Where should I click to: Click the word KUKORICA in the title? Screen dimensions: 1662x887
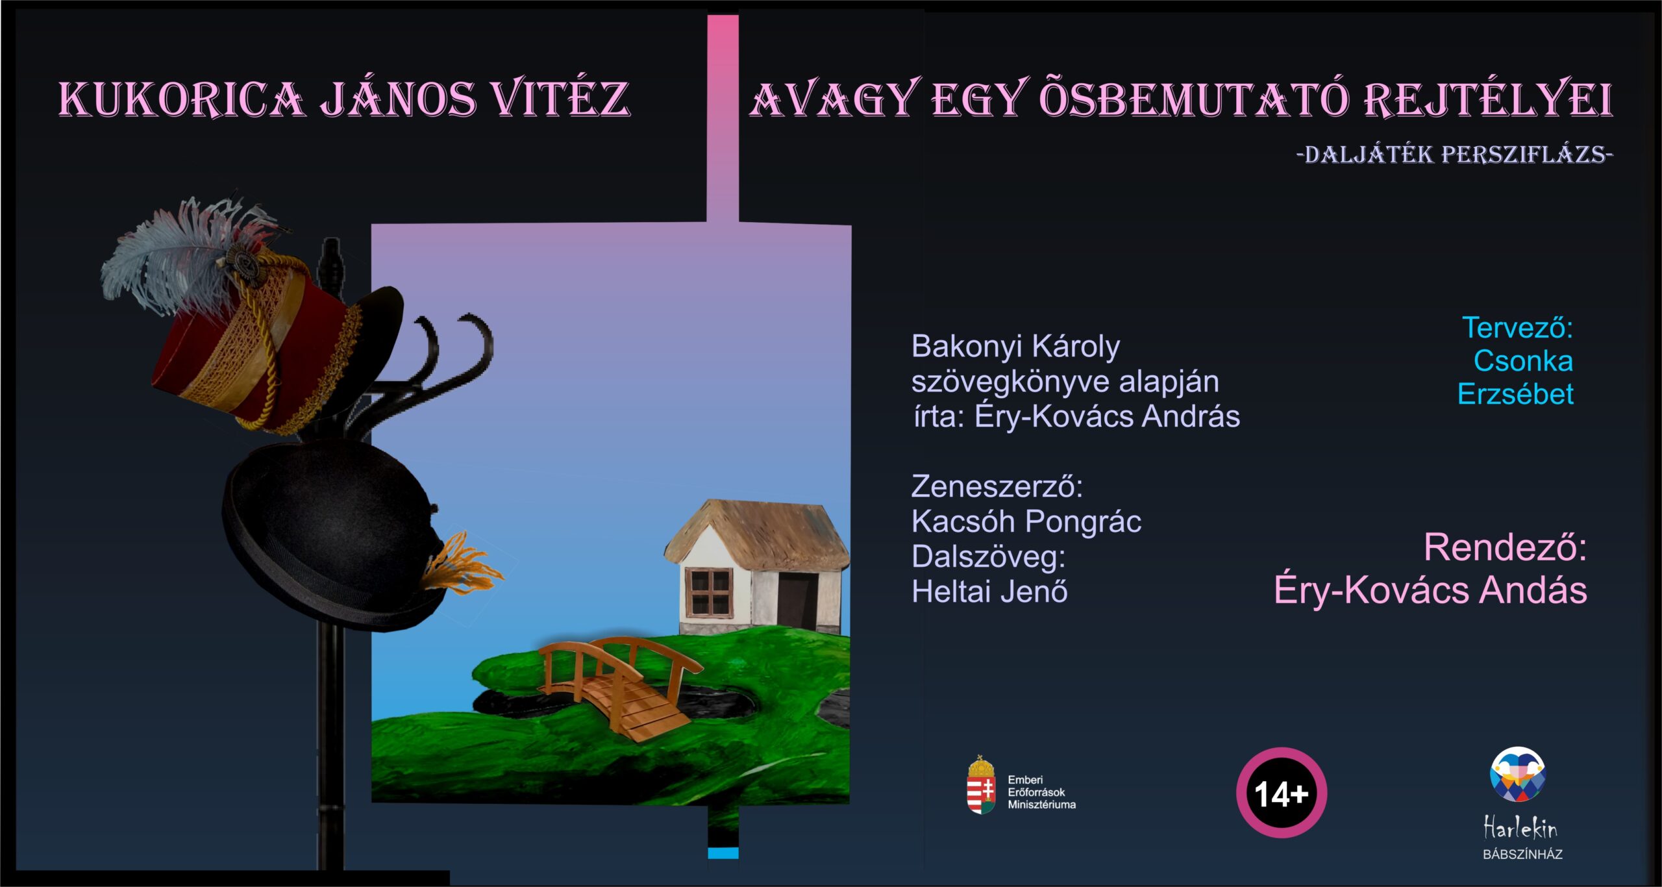(181, 99)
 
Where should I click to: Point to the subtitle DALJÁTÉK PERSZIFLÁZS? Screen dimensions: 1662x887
(1454, 155)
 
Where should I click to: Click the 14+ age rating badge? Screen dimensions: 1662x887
(1281, 793)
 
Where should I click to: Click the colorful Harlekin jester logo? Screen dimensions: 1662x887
(1518, 774)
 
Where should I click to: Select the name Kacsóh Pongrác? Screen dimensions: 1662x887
(1026, 522)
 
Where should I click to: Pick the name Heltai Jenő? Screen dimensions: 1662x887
(989, 592)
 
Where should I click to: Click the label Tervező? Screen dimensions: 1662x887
(1517, 328)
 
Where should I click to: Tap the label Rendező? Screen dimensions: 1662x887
(1505, 547)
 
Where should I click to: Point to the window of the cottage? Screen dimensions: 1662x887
(710, 592)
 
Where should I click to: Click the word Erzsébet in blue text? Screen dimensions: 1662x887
(1515, 394)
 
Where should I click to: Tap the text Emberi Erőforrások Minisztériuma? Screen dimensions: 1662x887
(1041, 792)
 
